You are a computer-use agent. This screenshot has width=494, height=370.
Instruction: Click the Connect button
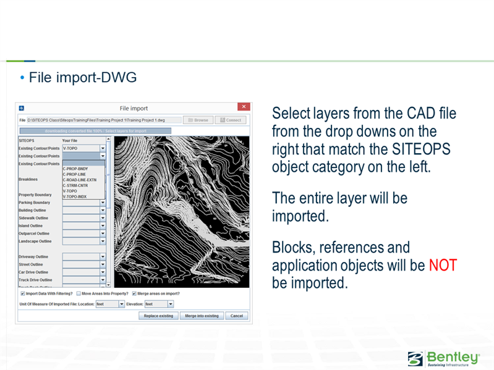click(231, 120)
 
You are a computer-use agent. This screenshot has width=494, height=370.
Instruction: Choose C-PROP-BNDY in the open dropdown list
click(75, 169)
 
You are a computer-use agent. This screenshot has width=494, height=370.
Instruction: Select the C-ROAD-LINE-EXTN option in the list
click(79, 180)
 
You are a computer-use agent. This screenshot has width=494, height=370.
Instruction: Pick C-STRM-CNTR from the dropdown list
click(75, 185)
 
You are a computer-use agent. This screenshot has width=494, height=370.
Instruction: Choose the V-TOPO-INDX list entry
click(75, 196)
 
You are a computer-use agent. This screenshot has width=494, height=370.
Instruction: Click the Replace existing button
click(158, 316)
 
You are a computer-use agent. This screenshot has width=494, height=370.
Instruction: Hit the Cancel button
click(236, 316)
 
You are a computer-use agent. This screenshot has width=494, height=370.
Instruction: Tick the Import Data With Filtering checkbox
click(22, 293)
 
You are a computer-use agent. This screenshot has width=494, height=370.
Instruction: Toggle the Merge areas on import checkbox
click(134, 293)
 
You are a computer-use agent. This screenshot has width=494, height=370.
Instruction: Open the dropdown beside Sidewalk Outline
click(103, 218)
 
